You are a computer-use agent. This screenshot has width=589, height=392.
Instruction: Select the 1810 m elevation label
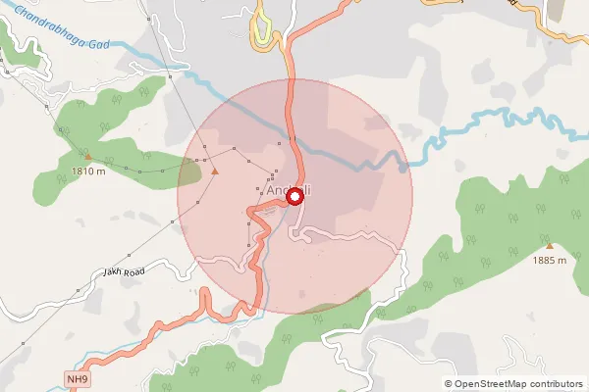click(88, 172)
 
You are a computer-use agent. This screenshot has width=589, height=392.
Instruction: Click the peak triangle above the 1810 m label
click(88, 156)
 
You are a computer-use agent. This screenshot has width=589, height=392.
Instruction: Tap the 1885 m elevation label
click(550, 261)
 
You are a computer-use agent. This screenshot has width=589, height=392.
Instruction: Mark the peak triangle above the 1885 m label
click(550, 245)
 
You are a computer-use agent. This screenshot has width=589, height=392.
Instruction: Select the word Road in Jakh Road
click(134, 269)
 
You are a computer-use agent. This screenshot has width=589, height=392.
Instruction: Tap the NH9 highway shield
click(78, 378)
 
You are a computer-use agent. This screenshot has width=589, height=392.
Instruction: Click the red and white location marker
click(294, 197)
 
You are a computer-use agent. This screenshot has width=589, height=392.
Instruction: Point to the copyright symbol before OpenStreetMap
click(449, 384)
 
